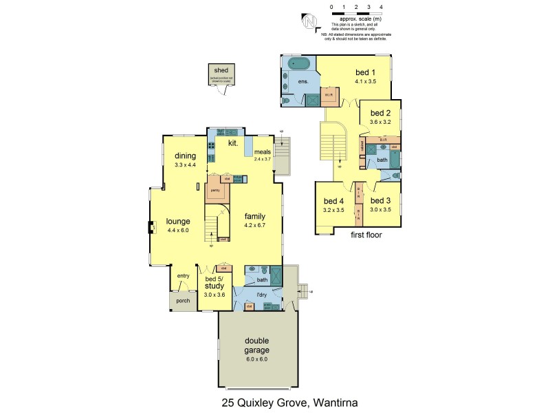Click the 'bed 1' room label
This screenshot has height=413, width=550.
[x=365, y=72]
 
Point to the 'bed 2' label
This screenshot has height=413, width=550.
[x=380, y=113]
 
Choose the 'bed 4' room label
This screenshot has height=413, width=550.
[x=333, y=202]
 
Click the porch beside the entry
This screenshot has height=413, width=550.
[x=182, y=299]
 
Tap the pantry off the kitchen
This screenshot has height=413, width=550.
[x=215, y=189]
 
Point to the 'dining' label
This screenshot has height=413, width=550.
[x=186, y=156]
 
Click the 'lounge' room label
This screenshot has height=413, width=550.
[x=177, y=221]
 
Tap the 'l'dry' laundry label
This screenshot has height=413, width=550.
[x=261, y=295]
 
